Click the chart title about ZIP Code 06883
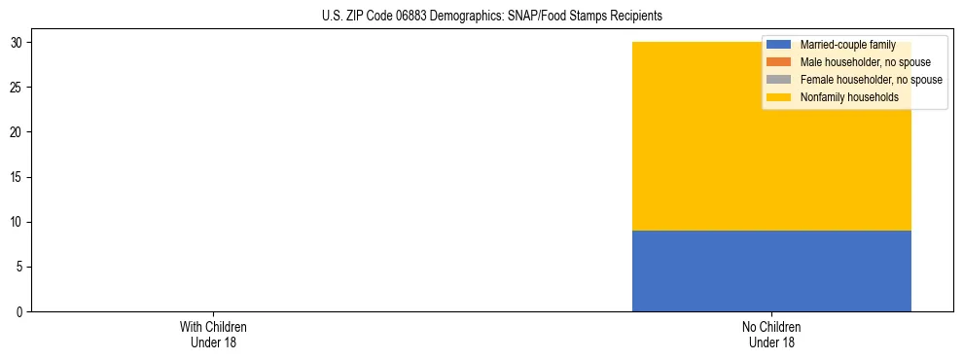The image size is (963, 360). click(491, 16)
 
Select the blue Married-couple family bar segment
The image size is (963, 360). click(771, 270)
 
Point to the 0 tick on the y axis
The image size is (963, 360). click(18, 311)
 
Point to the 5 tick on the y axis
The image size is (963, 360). click(18, 267)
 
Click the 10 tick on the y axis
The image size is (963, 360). click(16, 222)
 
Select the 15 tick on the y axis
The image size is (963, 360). click(16, 177)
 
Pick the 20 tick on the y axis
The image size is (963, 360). click(16, 132)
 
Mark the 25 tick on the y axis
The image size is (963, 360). click(16, 88)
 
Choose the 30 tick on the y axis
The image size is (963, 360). click(16, 43)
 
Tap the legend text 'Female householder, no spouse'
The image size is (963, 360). click(871, 80)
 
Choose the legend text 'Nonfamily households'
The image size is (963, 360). click(843, 97)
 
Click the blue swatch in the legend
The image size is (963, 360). click(778, 46)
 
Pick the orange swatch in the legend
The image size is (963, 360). click(778, 62)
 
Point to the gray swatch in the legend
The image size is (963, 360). click(778, 80)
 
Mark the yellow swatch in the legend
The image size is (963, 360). click(778, 97)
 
